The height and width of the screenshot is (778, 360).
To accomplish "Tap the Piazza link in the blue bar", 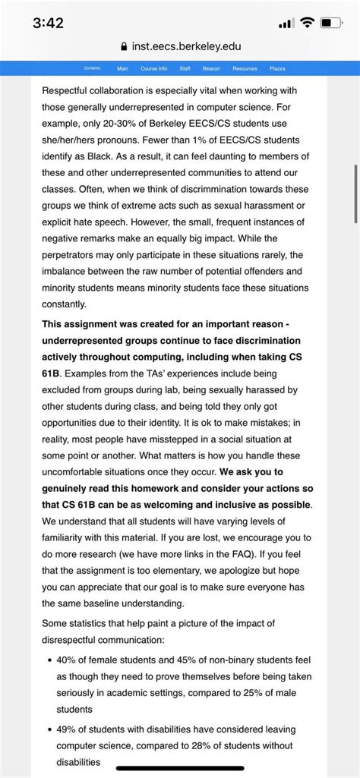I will click(x=277, y=68).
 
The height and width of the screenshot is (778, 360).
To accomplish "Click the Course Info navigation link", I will click(x=153, y=68).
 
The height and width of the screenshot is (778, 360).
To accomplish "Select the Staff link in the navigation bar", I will click(x=185, y=68).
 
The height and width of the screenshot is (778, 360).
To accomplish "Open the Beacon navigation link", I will click(x=211, y=68).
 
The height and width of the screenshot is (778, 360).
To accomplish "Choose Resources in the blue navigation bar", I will click(x=245, y=68).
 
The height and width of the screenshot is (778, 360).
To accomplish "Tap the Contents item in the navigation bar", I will click(x=92, y=68).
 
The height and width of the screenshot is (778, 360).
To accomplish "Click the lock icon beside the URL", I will click(x=125, y=47).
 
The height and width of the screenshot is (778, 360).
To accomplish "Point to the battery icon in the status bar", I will click(x=330, y=24).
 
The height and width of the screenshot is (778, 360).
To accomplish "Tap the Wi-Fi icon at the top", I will click(x=307, y=24).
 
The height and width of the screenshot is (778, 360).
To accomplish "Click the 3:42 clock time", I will click(x=49, y=23).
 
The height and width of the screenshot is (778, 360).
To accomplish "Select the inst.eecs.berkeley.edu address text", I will click(x=187, y=47).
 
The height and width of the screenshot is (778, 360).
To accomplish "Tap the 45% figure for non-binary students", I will click(x=178, y=660).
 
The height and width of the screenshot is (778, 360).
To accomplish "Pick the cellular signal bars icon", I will click(x=286, y=24).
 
